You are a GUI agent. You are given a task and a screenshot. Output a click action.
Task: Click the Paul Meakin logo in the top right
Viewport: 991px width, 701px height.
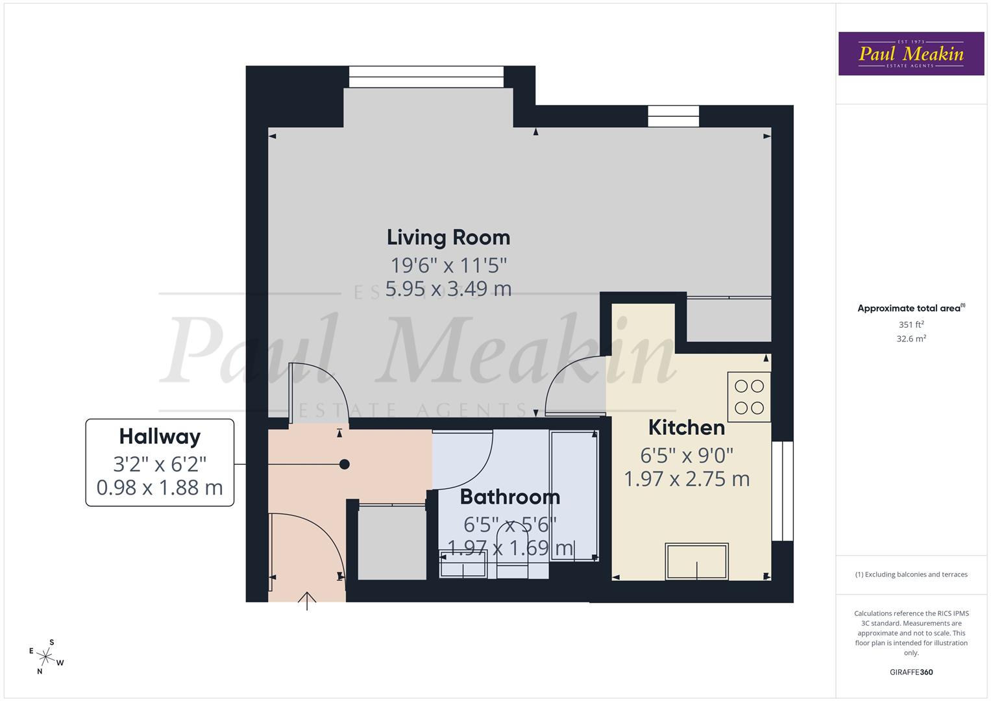(x=911, y=54)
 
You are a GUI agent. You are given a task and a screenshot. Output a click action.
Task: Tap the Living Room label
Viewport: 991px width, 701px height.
(x=448, y=238)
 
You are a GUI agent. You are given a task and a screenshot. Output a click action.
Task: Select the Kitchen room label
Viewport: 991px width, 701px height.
(x=687, y=428)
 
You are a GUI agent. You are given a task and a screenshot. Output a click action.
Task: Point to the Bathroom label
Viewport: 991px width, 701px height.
(x=510, y=497)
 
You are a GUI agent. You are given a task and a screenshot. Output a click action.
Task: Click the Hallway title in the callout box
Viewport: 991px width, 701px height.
(x=160, y=437)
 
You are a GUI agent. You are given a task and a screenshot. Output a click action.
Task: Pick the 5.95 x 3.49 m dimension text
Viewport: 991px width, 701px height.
(x=448, y=289)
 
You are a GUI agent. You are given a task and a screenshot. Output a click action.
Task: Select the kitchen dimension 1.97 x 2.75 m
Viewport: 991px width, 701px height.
(x=687, y=479)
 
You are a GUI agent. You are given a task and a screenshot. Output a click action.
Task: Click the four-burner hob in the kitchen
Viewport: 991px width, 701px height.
(x=749, y=397)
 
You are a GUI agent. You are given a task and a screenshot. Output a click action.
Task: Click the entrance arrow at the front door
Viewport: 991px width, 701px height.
(x=307, y=600)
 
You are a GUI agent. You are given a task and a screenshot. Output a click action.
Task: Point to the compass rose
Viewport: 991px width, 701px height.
(x=46, y=656)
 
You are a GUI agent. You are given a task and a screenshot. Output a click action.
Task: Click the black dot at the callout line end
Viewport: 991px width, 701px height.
(x=345, y=464)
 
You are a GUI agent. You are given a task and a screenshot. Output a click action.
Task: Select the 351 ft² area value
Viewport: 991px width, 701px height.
(x=911, y=325)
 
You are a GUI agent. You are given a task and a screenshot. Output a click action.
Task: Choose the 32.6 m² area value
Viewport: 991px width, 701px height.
(x=911, y=338)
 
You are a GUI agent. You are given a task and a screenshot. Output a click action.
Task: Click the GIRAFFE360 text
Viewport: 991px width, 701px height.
(x=911, y=672)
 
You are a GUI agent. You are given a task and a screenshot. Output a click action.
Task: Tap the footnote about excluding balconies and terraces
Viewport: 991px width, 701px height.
(x=911, y=574)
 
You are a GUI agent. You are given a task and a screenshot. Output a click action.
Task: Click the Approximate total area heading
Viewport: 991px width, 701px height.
(x=911, y=308)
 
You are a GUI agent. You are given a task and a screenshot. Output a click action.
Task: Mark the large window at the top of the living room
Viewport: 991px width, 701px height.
(x=426, y=77)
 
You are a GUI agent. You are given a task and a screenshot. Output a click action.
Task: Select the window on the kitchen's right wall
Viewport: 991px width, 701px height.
(x=783, y=491)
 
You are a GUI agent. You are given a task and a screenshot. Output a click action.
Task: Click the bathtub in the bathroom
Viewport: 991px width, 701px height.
(x=574, y=495)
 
